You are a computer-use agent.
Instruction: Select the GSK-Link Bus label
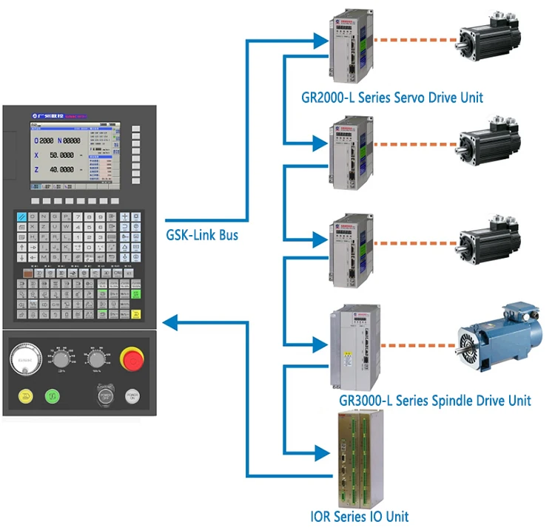pos(203,235)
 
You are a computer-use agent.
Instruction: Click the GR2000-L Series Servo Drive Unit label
pos(392,98)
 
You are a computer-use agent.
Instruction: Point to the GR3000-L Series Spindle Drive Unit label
pos(434,401)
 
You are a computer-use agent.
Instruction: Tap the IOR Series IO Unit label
pos(360,516)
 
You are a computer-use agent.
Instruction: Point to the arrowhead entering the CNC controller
pos(169,322)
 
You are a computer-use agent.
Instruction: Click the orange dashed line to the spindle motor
pos(419,344)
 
